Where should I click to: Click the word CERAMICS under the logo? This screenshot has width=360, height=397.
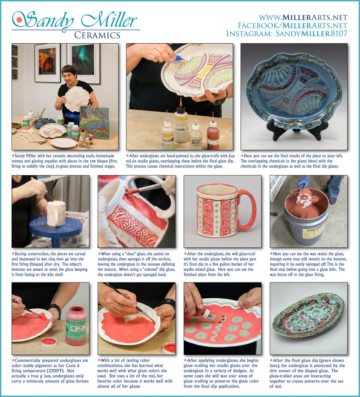pyautogui.click(x=97, y=35)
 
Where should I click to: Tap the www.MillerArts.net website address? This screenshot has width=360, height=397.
pyautogui.click(x=303, y=17)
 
